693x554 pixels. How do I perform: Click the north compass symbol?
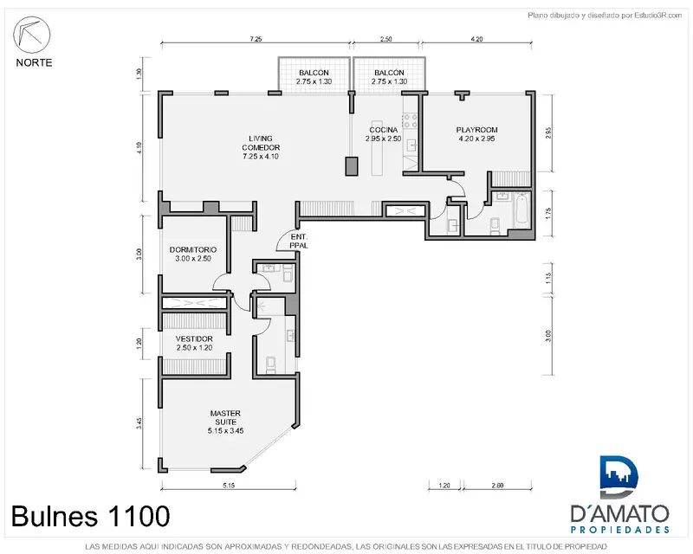pyautogui.click(x=31, y=35)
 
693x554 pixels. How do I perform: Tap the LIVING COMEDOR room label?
pyautogui.click(x=261, y=147)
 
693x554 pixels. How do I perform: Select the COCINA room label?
pyautogui.click(x=383, y=134)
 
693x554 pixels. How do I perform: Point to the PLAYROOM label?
pyautogui.click(x=476, y=134)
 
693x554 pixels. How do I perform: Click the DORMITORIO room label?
pyautogui.click(x=193, y=254)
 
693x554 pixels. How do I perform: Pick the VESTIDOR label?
pyautogui.click(x=194, y=343)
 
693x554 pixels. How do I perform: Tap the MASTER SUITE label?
pyautogui.click(x=225, y=422)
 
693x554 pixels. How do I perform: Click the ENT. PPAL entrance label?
pyautogui.click(x=299, y=242)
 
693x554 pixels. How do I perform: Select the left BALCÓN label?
pyautogui.click(x=314, y=77)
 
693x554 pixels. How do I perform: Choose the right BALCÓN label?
pyautogui.click(x=389, y=77)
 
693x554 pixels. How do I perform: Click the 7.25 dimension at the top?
pyautogui.click(x=256, y=39)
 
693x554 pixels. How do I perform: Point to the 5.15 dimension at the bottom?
pyautogui.click(x=229, y=485)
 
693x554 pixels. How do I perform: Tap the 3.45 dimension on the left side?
pyautogui.click(x=139, y=423)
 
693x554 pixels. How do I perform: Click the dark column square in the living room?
pyautogui.click(x=352, y=166)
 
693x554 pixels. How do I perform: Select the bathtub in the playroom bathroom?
pyautogui.click(x=521, y=209)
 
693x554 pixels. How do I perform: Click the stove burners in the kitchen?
pyautogui.click(x=410, y=121)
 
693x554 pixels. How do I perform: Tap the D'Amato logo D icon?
pyautogui.click(x=619, y=477)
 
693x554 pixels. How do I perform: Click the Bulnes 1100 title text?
pyautogui.click(x=91, y=516)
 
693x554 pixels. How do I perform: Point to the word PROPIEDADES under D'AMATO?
pyautogui.click(x=619, y=529)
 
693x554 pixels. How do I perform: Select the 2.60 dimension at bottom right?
pyautogui.click(x=497, y=485)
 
